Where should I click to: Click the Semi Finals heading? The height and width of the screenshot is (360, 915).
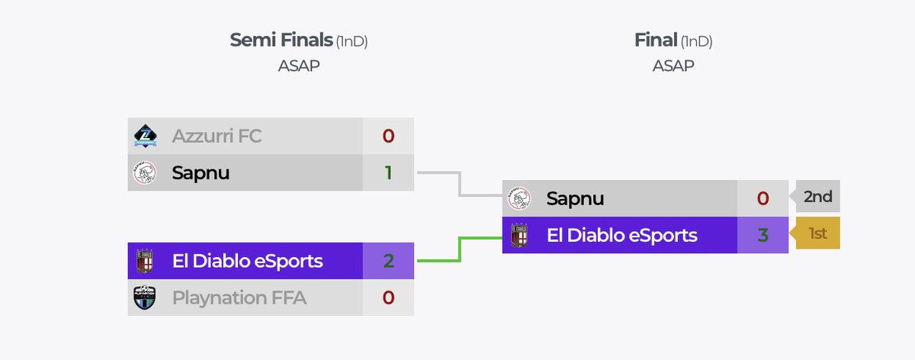[281, 40]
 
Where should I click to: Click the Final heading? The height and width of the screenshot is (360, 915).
[656, 40]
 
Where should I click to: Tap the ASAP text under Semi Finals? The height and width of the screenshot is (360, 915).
[299, 66]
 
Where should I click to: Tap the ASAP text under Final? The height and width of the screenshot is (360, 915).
[673, 66]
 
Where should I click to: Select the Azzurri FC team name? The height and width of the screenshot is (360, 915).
[217, 137]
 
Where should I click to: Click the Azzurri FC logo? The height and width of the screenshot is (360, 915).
[145, 137]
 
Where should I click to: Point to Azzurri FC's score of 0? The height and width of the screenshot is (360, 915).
[388, 137]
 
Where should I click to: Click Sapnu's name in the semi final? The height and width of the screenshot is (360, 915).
[201, 173]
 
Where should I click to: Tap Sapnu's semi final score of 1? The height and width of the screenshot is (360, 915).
[388, 173]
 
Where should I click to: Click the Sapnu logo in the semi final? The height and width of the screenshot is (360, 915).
[145, 174]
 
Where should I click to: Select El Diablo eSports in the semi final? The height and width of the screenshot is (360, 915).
[247, 261]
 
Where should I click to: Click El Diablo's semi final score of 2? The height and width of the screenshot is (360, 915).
[388, 261]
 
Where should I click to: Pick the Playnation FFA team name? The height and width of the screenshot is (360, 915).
[239, 297]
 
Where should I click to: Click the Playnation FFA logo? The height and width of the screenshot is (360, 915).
[145, 297]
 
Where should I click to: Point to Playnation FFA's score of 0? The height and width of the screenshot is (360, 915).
[388, 297]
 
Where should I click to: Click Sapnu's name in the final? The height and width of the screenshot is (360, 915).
[575, 198]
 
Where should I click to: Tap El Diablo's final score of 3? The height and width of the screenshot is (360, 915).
[762, 235]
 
